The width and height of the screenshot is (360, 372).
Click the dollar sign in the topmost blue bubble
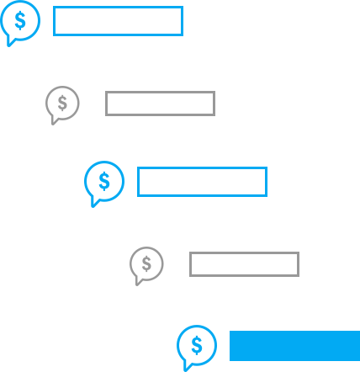(20, 20)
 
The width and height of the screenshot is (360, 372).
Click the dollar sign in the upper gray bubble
(62, 103)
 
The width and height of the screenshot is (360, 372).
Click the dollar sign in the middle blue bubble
(104, 181)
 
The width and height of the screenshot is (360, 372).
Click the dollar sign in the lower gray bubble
(146, 263)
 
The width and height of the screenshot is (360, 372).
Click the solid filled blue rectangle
(294, 346)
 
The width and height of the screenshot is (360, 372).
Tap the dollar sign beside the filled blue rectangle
(197, 345)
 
